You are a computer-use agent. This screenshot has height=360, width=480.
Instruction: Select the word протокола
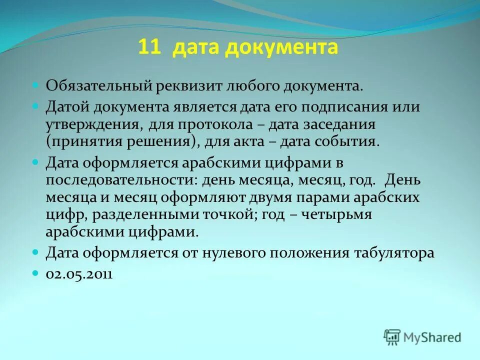[227, 124]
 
